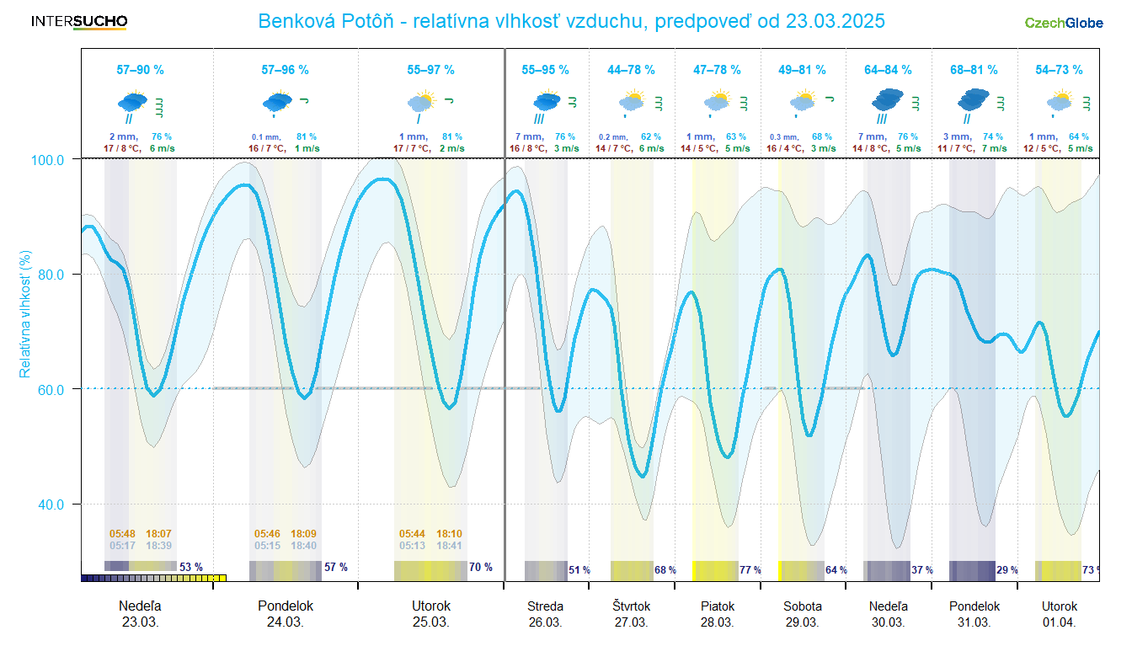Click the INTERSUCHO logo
point(79,21)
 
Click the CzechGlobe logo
point(1063,23)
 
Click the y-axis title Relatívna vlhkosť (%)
point(26,313)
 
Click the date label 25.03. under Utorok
point(430,622)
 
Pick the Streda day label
point(545,606)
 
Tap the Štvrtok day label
point(631,606)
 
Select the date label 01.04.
point(1059,622)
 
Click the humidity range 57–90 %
point(140,70)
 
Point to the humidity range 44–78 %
point(631,70)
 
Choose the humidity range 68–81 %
point(974,70)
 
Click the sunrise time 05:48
point(122,533)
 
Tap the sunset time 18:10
point(449,533)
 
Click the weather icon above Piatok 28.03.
point(717,103)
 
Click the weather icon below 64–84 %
point(887,102)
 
